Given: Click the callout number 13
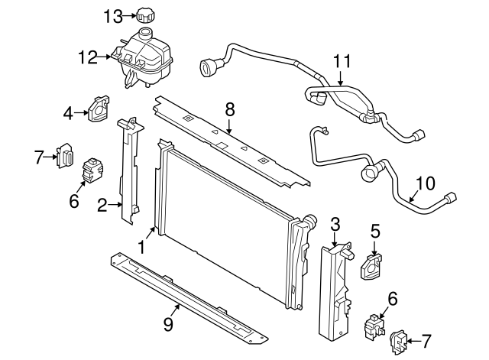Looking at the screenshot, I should click(112, 15).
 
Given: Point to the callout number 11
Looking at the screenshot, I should click(341, 60).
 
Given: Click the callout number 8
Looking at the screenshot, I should click(228, 109).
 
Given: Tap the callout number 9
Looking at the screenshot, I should click(169, 325).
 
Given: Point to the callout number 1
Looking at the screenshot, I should click(141, 246).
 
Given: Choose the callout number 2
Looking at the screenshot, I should click(102, 204).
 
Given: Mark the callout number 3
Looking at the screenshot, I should click(335, 223).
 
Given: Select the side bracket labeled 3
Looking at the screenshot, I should click(333, 290).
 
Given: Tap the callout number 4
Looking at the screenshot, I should click(68, 114).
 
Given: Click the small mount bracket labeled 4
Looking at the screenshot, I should click(99, 109).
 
